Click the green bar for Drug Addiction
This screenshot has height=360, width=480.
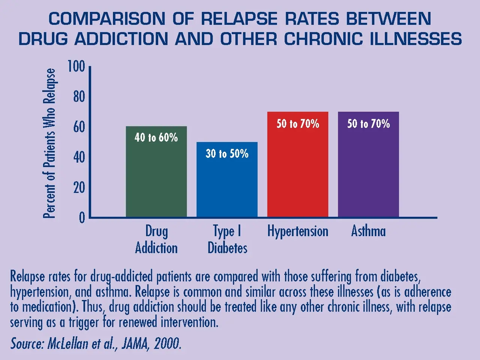coord(156,176)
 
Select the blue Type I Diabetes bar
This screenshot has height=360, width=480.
coord(227,184)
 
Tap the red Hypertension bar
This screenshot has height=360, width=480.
coord(298,169)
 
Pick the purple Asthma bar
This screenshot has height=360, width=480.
coord(368,169)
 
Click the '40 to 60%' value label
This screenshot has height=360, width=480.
coord(156,137)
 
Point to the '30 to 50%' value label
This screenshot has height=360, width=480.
coord(227,153)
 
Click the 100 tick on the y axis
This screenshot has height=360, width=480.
coord(76,66)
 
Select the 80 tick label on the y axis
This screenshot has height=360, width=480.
coord(79,97)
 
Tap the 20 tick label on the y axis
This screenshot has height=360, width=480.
coord(79,187)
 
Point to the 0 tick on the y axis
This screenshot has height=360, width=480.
coord(82,218)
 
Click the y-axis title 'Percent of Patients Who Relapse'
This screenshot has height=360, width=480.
coord(49,143)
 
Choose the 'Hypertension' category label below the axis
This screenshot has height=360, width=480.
coord(298,231)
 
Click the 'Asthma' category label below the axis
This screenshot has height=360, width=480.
coord(368,231)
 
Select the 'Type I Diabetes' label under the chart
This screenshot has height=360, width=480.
coord(227,239)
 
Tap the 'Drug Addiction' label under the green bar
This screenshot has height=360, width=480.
coord(156,239)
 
